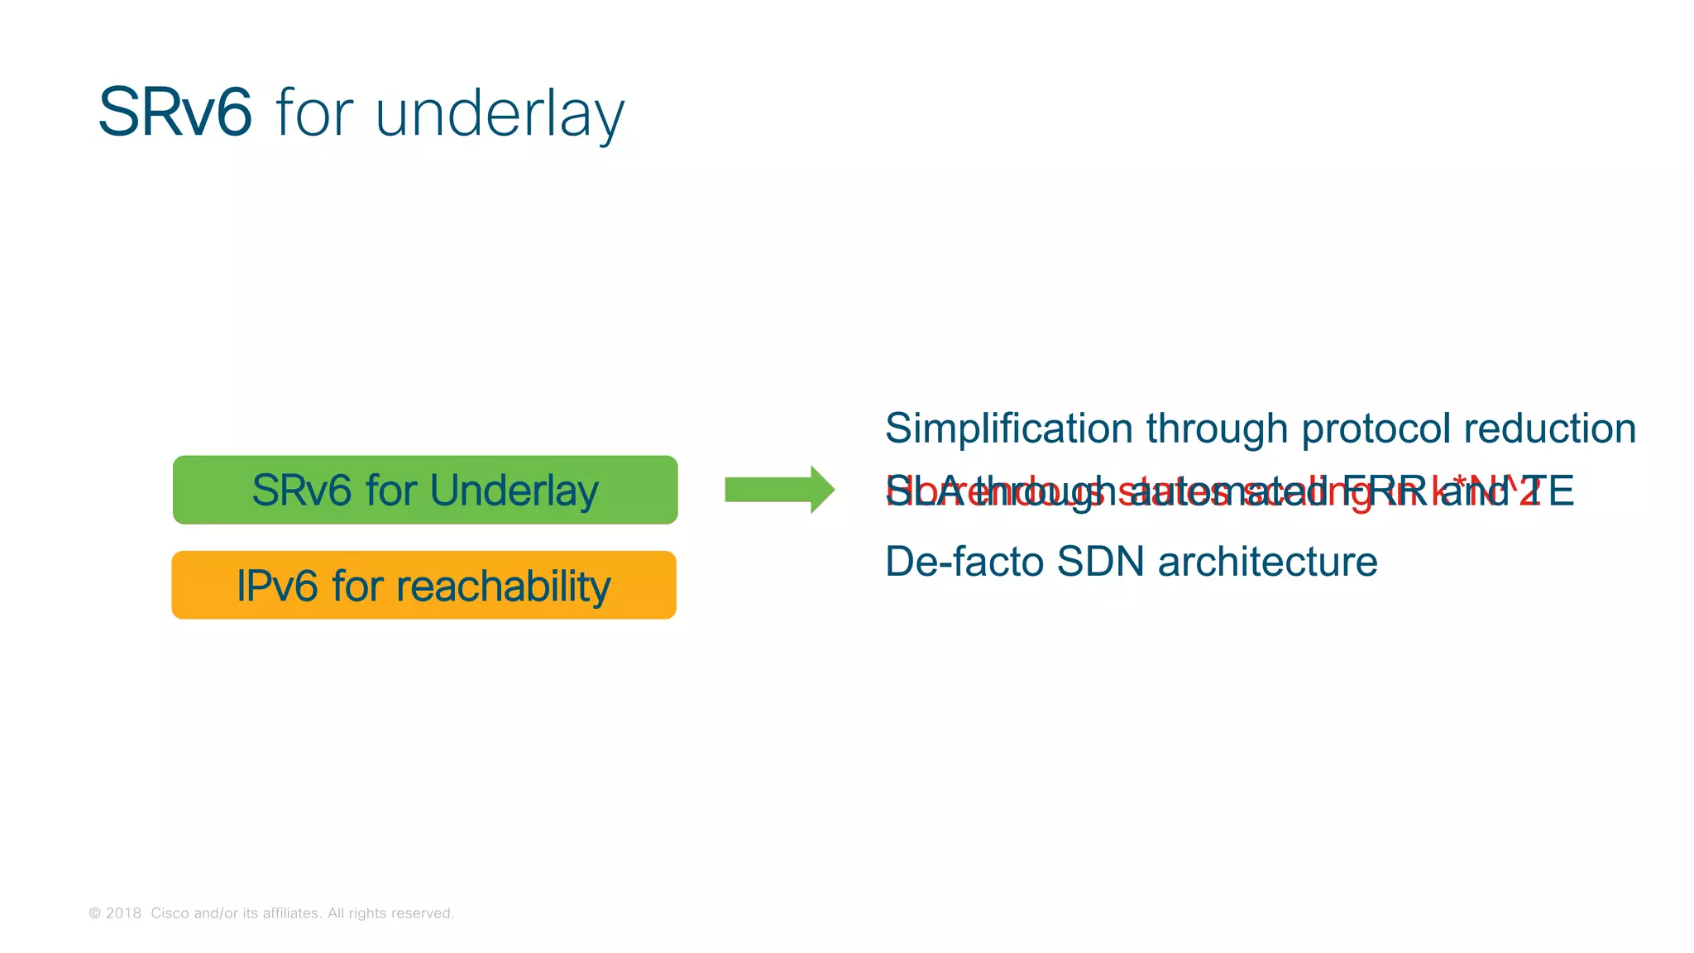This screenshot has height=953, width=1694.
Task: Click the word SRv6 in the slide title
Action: (175, 113)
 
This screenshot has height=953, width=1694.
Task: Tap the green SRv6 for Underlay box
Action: (425, 490)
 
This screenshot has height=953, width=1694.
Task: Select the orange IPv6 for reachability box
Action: (423, 585)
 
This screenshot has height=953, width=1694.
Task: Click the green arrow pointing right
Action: (778, 490)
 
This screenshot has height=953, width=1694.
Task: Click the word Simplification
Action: (1008, 429)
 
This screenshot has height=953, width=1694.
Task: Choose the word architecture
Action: (1267, 562)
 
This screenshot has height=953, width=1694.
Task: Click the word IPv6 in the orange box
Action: (277, 586)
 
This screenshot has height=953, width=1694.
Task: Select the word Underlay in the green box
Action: (514, 491)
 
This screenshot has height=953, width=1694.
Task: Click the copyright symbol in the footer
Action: (95, 913)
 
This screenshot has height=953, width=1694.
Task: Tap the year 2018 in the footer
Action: (123, 913)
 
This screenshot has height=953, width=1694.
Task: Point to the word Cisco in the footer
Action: (169, 913)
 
